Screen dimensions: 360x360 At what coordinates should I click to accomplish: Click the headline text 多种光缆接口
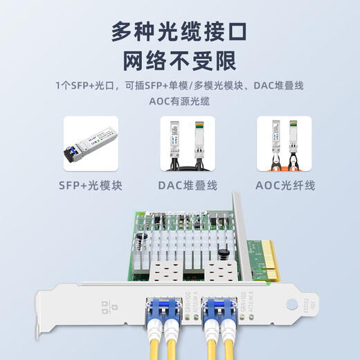click(180, 31)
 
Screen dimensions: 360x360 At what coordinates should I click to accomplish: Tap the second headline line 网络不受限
click(180, 61)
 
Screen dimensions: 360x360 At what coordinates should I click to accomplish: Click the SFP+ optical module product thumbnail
click(91, 143)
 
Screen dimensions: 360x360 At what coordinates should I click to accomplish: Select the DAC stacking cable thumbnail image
click(188, 143)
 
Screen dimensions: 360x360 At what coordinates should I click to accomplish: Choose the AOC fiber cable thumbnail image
click(284, 143)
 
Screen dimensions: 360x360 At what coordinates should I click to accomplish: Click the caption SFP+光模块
click(91, 185)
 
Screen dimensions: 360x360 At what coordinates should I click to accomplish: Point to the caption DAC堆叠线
click(188, 185)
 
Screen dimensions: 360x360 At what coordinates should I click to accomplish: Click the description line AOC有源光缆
click(180, 101)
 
